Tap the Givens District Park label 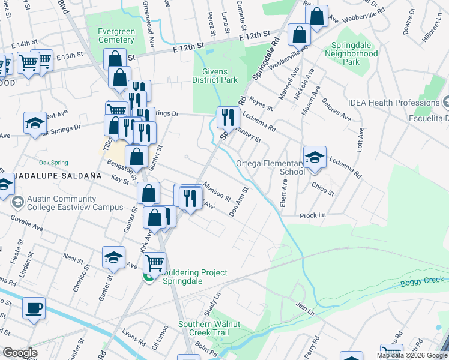click(215, 75)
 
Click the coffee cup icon click(34, 309)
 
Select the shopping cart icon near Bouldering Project click(154, 263)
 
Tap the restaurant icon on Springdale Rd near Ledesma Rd click(228, 118)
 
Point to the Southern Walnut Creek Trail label click(209, 328)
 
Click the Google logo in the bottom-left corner click(19, 353)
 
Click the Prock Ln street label click(312, 215)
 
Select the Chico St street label click(323, 190)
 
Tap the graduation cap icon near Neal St click(113, 258)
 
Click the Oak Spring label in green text click(53, 163)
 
